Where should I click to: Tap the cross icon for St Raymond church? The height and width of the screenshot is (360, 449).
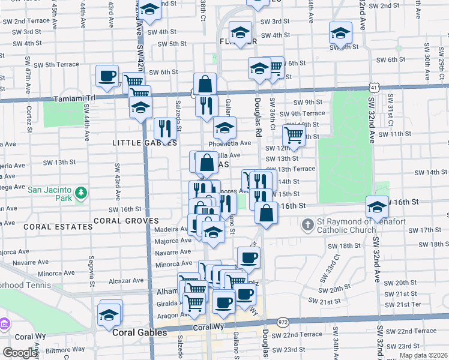point(307,226)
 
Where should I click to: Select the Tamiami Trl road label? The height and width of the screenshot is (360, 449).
point(74,98)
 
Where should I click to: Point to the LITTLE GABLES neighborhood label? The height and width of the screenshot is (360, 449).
point(144,143)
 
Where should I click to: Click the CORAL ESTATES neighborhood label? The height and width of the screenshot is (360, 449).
point(50,227)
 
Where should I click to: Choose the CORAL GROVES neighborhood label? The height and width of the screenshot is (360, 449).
point(125,220)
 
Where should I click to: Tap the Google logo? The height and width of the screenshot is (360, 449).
point(20,353)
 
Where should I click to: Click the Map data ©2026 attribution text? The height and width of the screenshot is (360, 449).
point(423,355)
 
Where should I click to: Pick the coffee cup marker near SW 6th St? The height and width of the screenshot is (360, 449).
point(107,76)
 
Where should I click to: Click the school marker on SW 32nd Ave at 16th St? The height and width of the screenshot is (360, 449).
point(377,208)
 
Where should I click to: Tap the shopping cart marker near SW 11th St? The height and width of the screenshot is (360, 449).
point(294,135)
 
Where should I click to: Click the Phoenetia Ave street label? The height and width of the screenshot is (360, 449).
point(229,143)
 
